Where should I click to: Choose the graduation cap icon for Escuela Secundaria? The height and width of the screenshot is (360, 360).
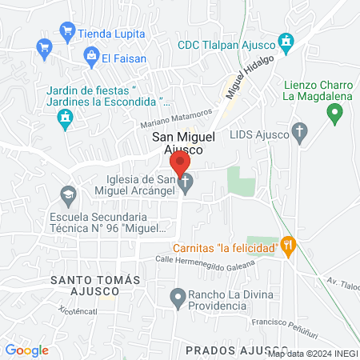point(68,194)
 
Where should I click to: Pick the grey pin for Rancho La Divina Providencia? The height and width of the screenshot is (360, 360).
point(178,299)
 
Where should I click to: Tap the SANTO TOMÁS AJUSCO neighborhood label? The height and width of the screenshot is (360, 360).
point(95,286)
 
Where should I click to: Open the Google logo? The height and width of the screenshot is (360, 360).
point(26,350)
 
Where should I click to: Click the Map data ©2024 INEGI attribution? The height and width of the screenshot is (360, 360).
point(312,354)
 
